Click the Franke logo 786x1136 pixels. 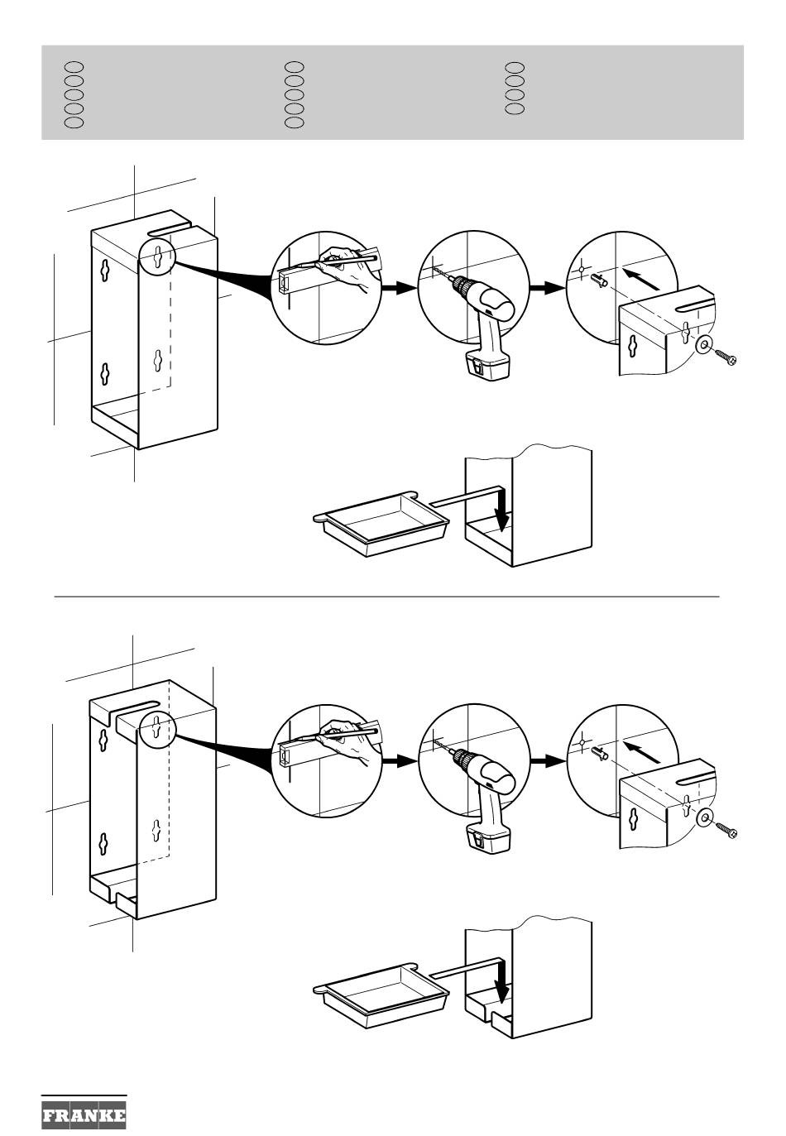tap(84, 1116)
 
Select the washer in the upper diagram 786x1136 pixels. tap(703, 344)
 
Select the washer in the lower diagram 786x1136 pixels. tap(705, 817)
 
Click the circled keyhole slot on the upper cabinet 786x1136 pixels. tap(158, 257)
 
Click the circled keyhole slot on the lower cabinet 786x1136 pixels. tap(158, 728)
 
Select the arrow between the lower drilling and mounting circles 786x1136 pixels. tap(548, 760)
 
